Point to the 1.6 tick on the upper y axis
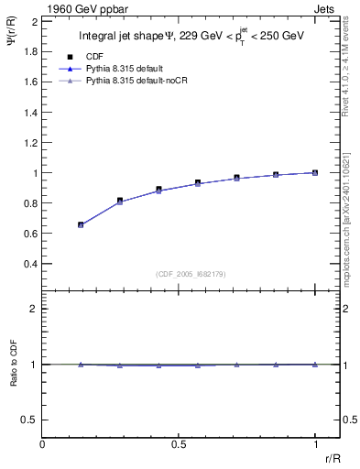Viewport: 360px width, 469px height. coord(32,81)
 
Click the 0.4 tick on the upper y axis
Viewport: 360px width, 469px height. coord(32,264)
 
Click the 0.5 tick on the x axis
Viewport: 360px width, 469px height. coord(179,444)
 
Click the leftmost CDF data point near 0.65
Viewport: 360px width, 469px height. coord(82,224)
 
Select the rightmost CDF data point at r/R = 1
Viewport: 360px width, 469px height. coord(315,172)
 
